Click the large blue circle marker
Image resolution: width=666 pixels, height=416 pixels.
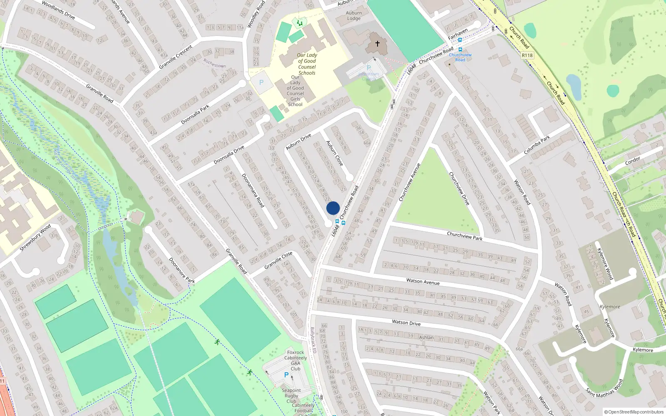(333, 208)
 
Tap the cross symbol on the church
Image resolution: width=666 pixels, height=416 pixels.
(378, 43)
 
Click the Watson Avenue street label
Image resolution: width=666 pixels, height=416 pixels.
(422, 282)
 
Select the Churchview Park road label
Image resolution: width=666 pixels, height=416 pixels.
(465, 236)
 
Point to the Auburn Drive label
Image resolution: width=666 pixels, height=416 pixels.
(298, 142)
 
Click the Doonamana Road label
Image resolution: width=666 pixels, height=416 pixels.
(253, 191)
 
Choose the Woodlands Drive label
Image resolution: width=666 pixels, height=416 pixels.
(58, 10)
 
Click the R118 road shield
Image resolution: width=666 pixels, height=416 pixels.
(527, 55)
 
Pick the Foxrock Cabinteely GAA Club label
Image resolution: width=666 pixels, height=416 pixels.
(296, 360)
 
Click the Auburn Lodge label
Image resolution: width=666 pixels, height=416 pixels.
(354, 16)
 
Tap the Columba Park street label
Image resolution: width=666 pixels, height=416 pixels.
(537, 145)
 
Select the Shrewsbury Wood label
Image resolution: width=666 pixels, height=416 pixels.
(35, 238)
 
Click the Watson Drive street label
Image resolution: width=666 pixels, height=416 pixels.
(406, 322)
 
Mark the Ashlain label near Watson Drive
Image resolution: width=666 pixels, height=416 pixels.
(426, 337)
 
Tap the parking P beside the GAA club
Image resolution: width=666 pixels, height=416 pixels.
(286, 375)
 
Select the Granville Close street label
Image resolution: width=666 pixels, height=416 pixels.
(278, 260)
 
